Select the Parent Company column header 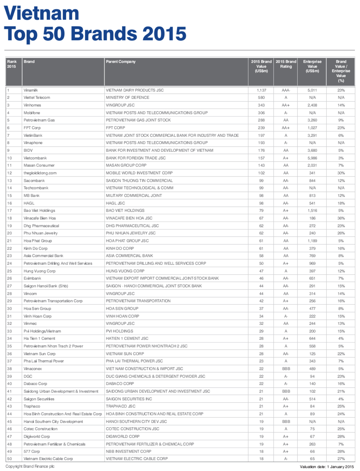click(x=120, y=62)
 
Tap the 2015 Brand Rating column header click(x=286, y=64)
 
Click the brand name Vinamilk click(x=31, y=90)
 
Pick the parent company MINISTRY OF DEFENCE click(x=127, y=98)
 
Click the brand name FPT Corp click(x=32, y=128)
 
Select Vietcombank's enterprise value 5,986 click(x=312, y=158)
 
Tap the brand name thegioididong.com click(x=40, y=173)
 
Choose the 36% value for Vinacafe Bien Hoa click(x=341, y=218)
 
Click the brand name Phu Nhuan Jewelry click(x=40, y=233)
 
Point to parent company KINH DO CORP click(x=120, y=248)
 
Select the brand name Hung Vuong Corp click(x=39, y=271)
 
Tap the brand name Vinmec click(x=30, y=324)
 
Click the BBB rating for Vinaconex click(x=286, y=369)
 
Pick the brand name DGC click(x=28, y=376)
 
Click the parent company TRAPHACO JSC click(x=120, y=406)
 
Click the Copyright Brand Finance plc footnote click(x=30, y=467)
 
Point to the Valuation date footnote click(x=327, y=467)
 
